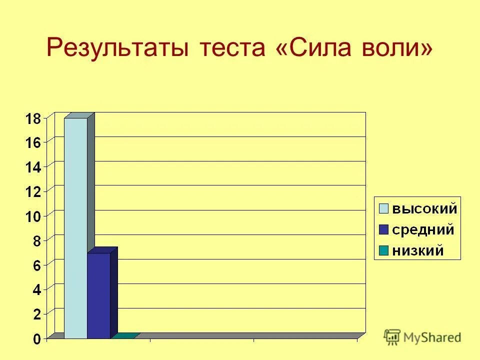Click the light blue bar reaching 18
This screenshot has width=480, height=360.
75,227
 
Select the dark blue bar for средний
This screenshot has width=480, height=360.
98,295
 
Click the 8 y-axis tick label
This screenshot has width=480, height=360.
37,241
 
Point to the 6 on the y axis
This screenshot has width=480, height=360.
37,265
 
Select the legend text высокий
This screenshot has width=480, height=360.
424,208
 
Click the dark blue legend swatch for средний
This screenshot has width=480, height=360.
383,230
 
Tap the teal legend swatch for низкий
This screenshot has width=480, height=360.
383,250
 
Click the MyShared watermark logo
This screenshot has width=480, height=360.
422,336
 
